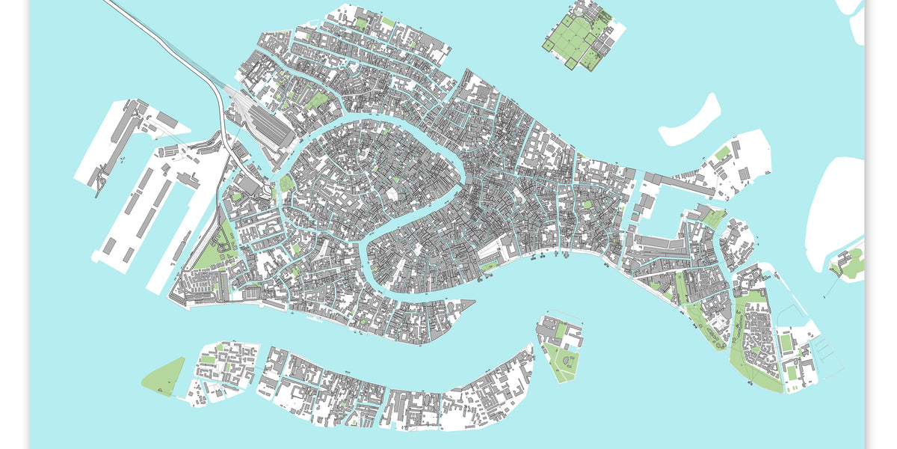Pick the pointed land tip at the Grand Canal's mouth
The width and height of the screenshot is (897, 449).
[467, 303]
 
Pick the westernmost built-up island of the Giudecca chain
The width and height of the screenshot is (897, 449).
[224, 370]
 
